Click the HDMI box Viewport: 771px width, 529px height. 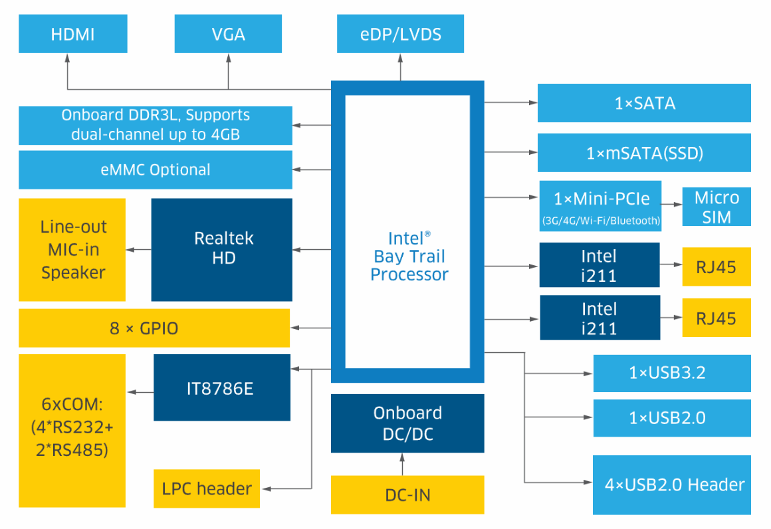pos(73,34)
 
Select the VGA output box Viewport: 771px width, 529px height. pos(228,34)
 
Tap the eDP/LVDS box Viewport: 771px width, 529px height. pos(400,34)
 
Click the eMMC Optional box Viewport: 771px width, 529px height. pos(155,169)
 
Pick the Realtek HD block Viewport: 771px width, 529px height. pos(222,249)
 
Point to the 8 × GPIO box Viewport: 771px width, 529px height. pos(154,328)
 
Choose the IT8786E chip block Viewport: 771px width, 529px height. pos(222,387)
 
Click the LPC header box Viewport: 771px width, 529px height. pos(207,488)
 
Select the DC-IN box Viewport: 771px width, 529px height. pos(407,495)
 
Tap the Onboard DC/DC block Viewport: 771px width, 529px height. pos(407,423)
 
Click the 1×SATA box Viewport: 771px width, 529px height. pos(644,103)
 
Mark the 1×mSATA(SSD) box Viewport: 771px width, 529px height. pos(644,153)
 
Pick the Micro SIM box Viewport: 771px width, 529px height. pos(716,207)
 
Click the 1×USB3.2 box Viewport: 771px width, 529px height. pos(672,373)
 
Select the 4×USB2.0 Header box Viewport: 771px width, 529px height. pos(672,484)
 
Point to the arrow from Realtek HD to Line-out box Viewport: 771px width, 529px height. pos(139,249)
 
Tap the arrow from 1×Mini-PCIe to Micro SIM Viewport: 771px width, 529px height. pos(672,207)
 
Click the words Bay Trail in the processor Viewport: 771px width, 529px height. pos(409,257)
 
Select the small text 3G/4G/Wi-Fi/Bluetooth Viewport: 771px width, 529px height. pos(601,221)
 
